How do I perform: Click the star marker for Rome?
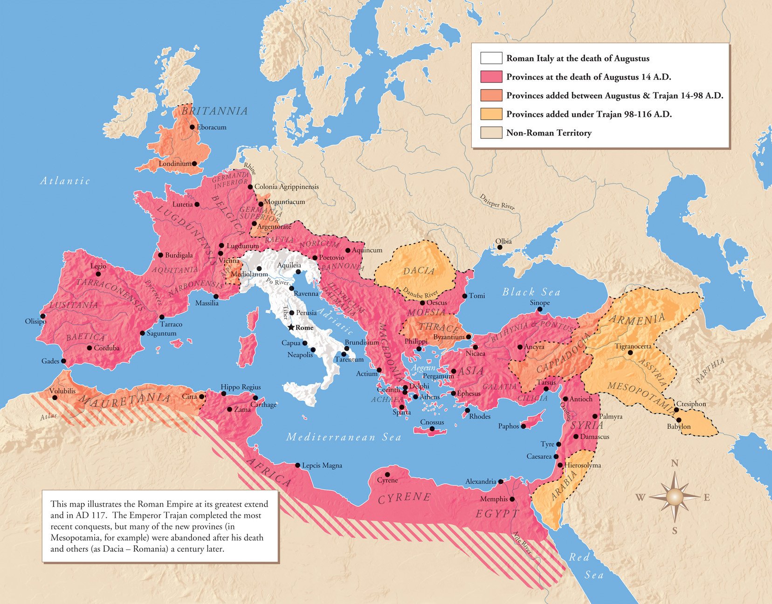[291, 328]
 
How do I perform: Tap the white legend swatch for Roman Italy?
[491, 58]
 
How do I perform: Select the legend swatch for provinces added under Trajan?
[491, 114]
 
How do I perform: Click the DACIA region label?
[419, 271]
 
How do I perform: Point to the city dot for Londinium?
[194, 164]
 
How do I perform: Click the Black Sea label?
[531, 292]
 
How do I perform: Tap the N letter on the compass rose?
[674, 463]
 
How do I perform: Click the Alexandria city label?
[480, 481]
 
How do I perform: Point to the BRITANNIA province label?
[214, 111]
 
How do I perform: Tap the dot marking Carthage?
[255, 398]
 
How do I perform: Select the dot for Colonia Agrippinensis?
[250, 187]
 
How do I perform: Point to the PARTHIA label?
[710, 371]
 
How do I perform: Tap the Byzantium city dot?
[469, 336]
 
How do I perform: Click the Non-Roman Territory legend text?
[549, 133]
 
